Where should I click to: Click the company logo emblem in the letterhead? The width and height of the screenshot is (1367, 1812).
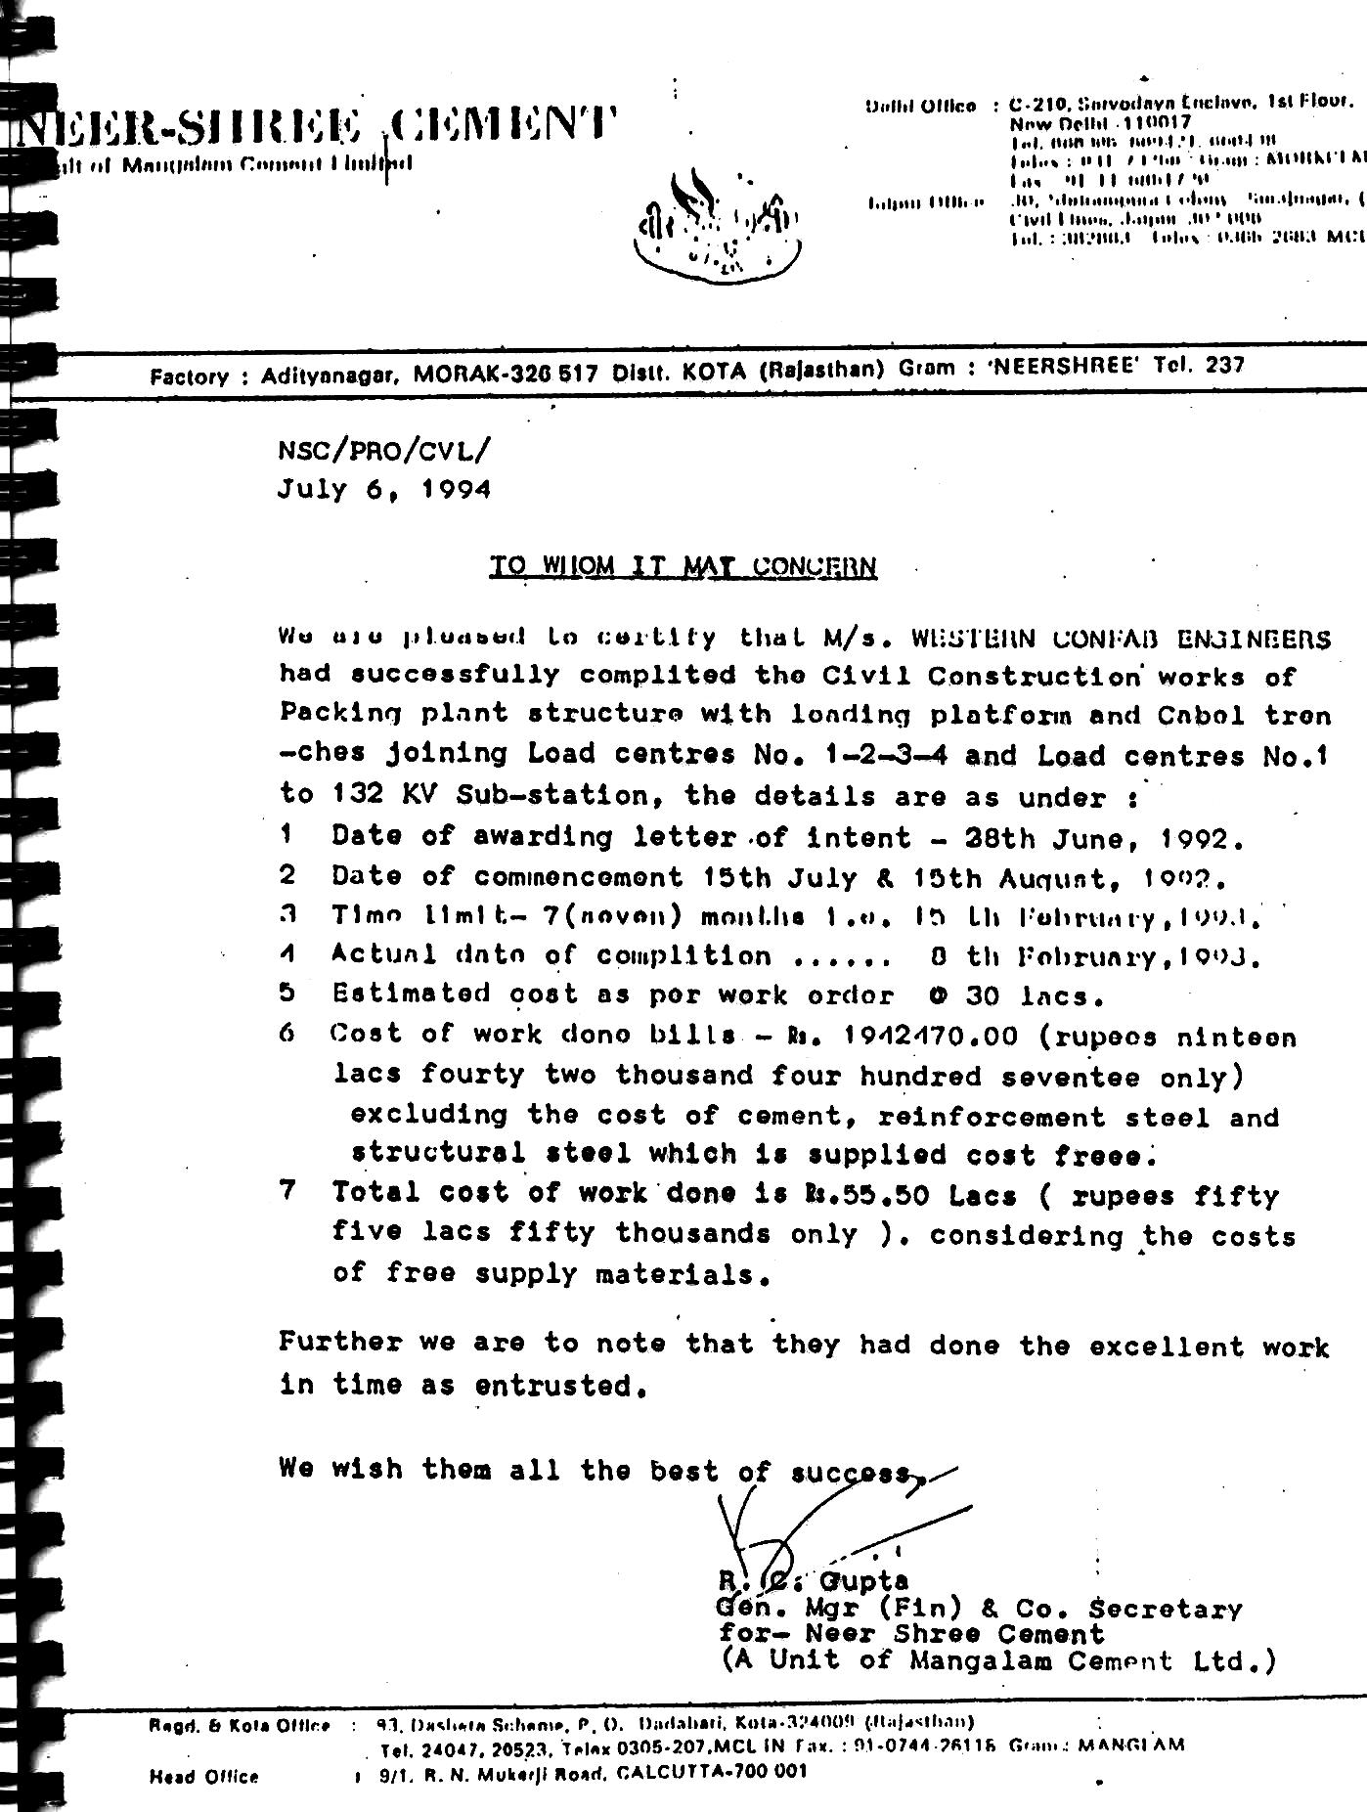point(718,228)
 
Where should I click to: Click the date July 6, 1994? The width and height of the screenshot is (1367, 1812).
point(383,488)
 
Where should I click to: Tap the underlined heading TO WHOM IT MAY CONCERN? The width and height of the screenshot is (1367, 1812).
point(683,566)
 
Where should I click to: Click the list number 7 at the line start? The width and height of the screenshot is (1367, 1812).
point(287,1192)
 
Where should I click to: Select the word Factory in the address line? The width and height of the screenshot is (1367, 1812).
point(190,376)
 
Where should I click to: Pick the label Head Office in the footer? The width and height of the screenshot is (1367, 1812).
point(204,1776)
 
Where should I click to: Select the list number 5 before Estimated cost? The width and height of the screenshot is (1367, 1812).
point(287,994)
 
